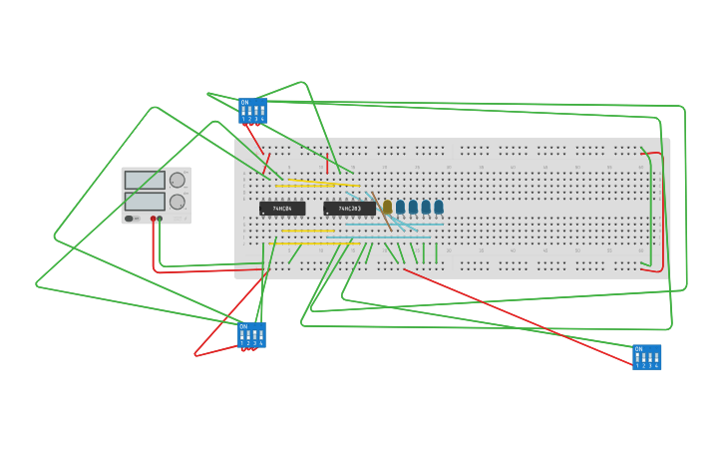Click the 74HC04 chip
pos(282,209)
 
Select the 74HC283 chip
pos(349,209)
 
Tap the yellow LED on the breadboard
pos(387,207)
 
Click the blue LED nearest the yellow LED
pos(400,207)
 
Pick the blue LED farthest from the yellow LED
pos(438,207)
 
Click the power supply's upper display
pos(145,181)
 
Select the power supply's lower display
pos(145,201)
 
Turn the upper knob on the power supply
pos(178,181)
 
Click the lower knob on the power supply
pos(178,202)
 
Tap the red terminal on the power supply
pos(154,219)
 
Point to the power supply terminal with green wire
pos(160,219)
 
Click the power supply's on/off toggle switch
pos(129,219)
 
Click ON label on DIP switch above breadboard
pos(244,102)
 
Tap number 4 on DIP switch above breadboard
pos(262,119)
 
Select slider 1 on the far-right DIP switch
pos(638,357)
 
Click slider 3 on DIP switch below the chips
pos(254,334)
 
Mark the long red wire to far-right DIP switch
pos(519,314)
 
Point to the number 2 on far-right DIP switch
pos(644,366)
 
